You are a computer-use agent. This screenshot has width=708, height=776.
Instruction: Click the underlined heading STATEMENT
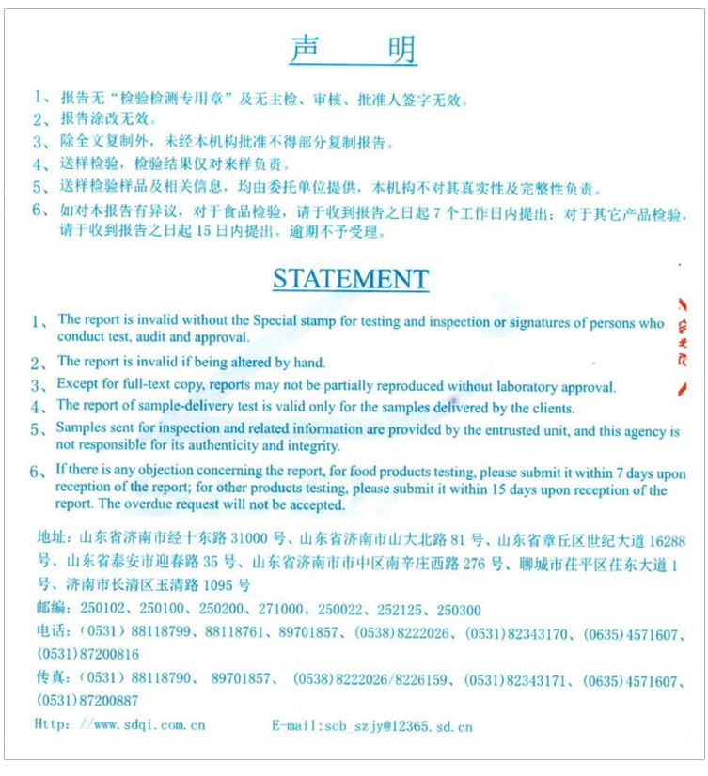tap(351, 279)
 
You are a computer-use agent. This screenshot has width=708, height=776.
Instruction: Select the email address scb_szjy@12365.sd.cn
tap(396, 725)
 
